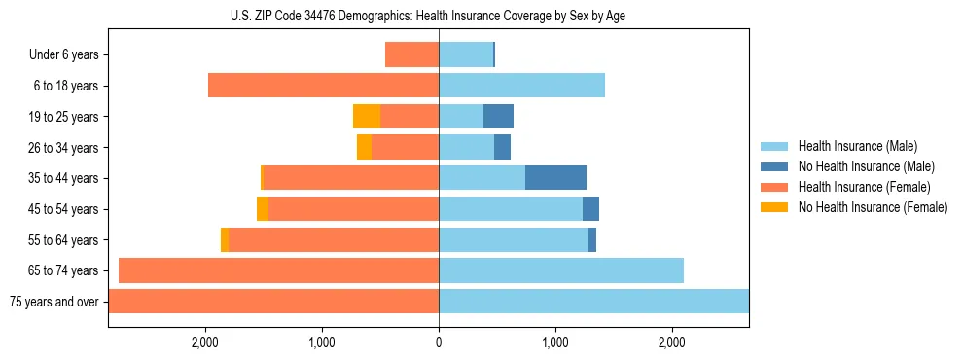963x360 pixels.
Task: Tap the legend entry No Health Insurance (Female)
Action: pos(873,207)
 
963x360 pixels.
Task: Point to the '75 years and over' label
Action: pos(53,302)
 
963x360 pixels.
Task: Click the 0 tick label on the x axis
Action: pos(439,342)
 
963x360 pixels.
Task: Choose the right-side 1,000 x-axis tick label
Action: pos(555,342)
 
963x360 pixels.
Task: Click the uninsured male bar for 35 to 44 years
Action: pos(555,178)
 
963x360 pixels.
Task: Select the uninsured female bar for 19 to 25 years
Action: pos(367,117)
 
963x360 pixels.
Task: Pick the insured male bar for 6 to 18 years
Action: pos(521,86)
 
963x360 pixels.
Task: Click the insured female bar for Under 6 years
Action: pos(411,54)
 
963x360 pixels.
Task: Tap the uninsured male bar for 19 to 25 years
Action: pos(498,117)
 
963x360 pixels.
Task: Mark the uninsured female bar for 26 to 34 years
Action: pos(364,147)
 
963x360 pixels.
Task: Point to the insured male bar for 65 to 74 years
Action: pos(561,270)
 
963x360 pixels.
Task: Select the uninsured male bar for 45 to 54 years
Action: pos(590,209)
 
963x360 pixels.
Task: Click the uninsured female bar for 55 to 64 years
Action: pos(225,239)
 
